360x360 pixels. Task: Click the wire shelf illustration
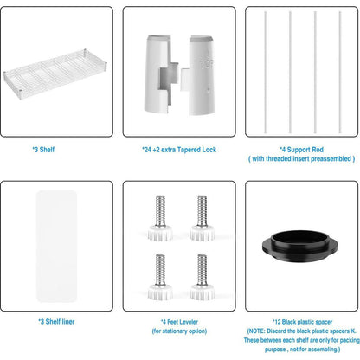55,74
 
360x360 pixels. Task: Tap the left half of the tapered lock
159,74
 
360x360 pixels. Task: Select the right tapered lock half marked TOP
198,75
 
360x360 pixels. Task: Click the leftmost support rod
266,73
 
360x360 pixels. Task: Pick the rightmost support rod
340,73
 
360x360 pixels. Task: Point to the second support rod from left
291,73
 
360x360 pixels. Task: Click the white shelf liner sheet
57,246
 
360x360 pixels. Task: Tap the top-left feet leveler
160,218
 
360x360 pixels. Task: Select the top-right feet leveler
202,218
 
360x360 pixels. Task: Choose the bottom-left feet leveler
160,277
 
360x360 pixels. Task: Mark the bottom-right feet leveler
202,277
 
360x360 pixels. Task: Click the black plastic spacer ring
300,246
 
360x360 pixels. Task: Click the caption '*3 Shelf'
43,150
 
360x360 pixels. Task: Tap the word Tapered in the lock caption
189,150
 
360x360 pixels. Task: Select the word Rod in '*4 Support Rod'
317,150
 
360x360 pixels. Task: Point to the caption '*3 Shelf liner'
56,322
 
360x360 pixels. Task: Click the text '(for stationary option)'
179,331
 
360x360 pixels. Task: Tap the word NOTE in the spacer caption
256,331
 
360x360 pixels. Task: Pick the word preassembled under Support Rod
331,159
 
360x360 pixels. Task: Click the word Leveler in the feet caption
189,322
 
